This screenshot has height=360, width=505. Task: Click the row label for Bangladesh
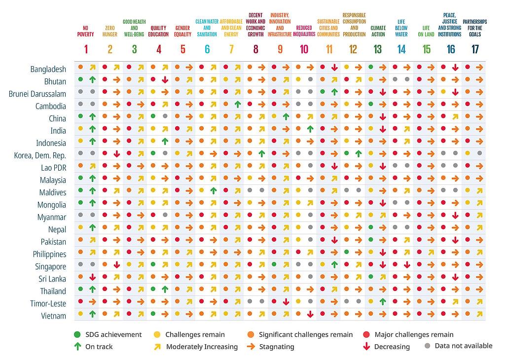coord(48,69)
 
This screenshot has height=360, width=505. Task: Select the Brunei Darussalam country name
coord(37,94)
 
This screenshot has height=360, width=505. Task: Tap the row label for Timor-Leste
coord(48,304)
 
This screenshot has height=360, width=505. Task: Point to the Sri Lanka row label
coord(52,279)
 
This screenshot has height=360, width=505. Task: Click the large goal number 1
coord(86,49)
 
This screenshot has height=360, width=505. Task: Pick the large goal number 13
coord(377,49)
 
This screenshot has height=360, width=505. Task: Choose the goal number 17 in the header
coord(475,49)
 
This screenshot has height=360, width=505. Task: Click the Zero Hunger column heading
coord(110,31)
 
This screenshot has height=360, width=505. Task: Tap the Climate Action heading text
coord(378,31)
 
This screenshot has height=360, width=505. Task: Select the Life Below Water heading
coord(401,28)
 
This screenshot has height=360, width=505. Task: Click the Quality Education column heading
coord(158,31)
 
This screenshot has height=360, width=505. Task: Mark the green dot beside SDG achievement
coord(77,334)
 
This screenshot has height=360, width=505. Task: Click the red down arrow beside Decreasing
coord(366,347)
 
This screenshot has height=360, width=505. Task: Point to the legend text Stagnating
coord(277,347)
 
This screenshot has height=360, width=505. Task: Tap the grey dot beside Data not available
coord(428,346)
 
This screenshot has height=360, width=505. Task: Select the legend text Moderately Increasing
coord(202,347)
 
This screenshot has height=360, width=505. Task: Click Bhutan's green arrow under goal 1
coord(92,79)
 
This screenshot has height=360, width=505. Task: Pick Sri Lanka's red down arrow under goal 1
coord(92,277)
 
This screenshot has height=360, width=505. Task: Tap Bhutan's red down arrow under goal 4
coord(165,80)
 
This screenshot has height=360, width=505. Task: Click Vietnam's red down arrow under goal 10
coord(310,314)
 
